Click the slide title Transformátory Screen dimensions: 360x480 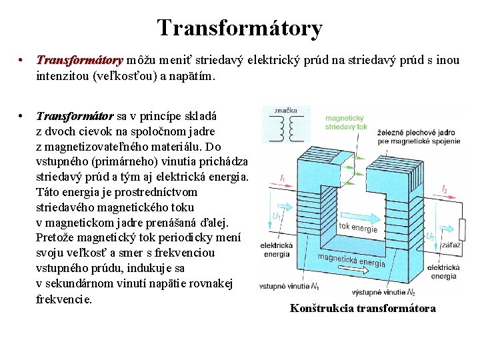240,28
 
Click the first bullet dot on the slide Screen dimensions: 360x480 22,61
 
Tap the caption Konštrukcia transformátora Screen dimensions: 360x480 363,308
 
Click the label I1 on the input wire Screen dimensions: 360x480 283,179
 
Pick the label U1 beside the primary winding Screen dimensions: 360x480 276,217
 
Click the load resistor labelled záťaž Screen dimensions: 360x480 461,231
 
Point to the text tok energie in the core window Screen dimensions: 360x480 358,227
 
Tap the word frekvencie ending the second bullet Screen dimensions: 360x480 63,299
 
